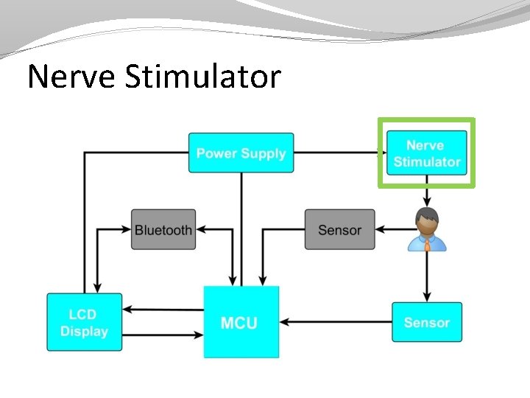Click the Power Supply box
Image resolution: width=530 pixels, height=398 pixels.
pyautogui.click(x=241, y=153)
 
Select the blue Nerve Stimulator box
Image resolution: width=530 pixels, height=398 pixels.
pyautogui.click(x=426, y=154)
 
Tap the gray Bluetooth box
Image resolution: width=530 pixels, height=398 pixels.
pyautogui.click(x=163, y=230)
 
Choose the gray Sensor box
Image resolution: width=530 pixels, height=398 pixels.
pyautogui.click(x=339, y=230)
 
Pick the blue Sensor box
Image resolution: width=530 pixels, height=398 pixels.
pyautogui.click(x=426, y=322)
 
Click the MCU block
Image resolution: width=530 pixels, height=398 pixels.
pyautogui.click(x=241, y=322)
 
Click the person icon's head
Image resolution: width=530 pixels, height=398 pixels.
pyautogui.click(x=426, y=219)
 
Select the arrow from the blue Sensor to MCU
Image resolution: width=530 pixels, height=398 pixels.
pyautogui.click(x=335, y=322)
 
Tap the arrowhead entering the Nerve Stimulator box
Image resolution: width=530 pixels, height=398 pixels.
pyautogui.click(x=381, y=153)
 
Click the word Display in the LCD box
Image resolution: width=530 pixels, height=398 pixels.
pyautogui.click(x=84, y=332)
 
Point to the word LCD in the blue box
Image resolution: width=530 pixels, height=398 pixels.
pyautogui.click(x=83, y=315)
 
